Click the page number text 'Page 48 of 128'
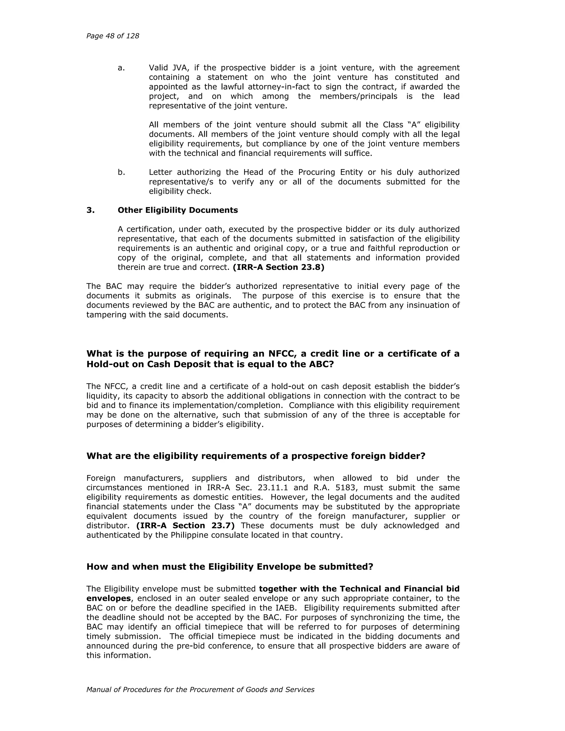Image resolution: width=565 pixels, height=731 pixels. click(113, 36)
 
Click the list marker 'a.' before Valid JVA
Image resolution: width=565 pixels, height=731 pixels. click(121, 68)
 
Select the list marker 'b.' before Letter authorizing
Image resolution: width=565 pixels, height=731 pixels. click(121, 172)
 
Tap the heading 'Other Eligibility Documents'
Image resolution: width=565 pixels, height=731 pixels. click(178, 210)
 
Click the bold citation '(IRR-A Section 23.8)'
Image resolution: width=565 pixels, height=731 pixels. click(278, 267)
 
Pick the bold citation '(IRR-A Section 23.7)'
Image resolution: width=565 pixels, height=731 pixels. click(185, 525)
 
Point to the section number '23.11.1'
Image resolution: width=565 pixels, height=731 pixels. click(273, 488)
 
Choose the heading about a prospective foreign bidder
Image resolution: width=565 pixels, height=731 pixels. click(256, 456)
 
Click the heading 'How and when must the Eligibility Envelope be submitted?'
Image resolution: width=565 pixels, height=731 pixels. click(230, 566)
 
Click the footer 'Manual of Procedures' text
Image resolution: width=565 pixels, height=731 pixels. click(200, 690)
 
